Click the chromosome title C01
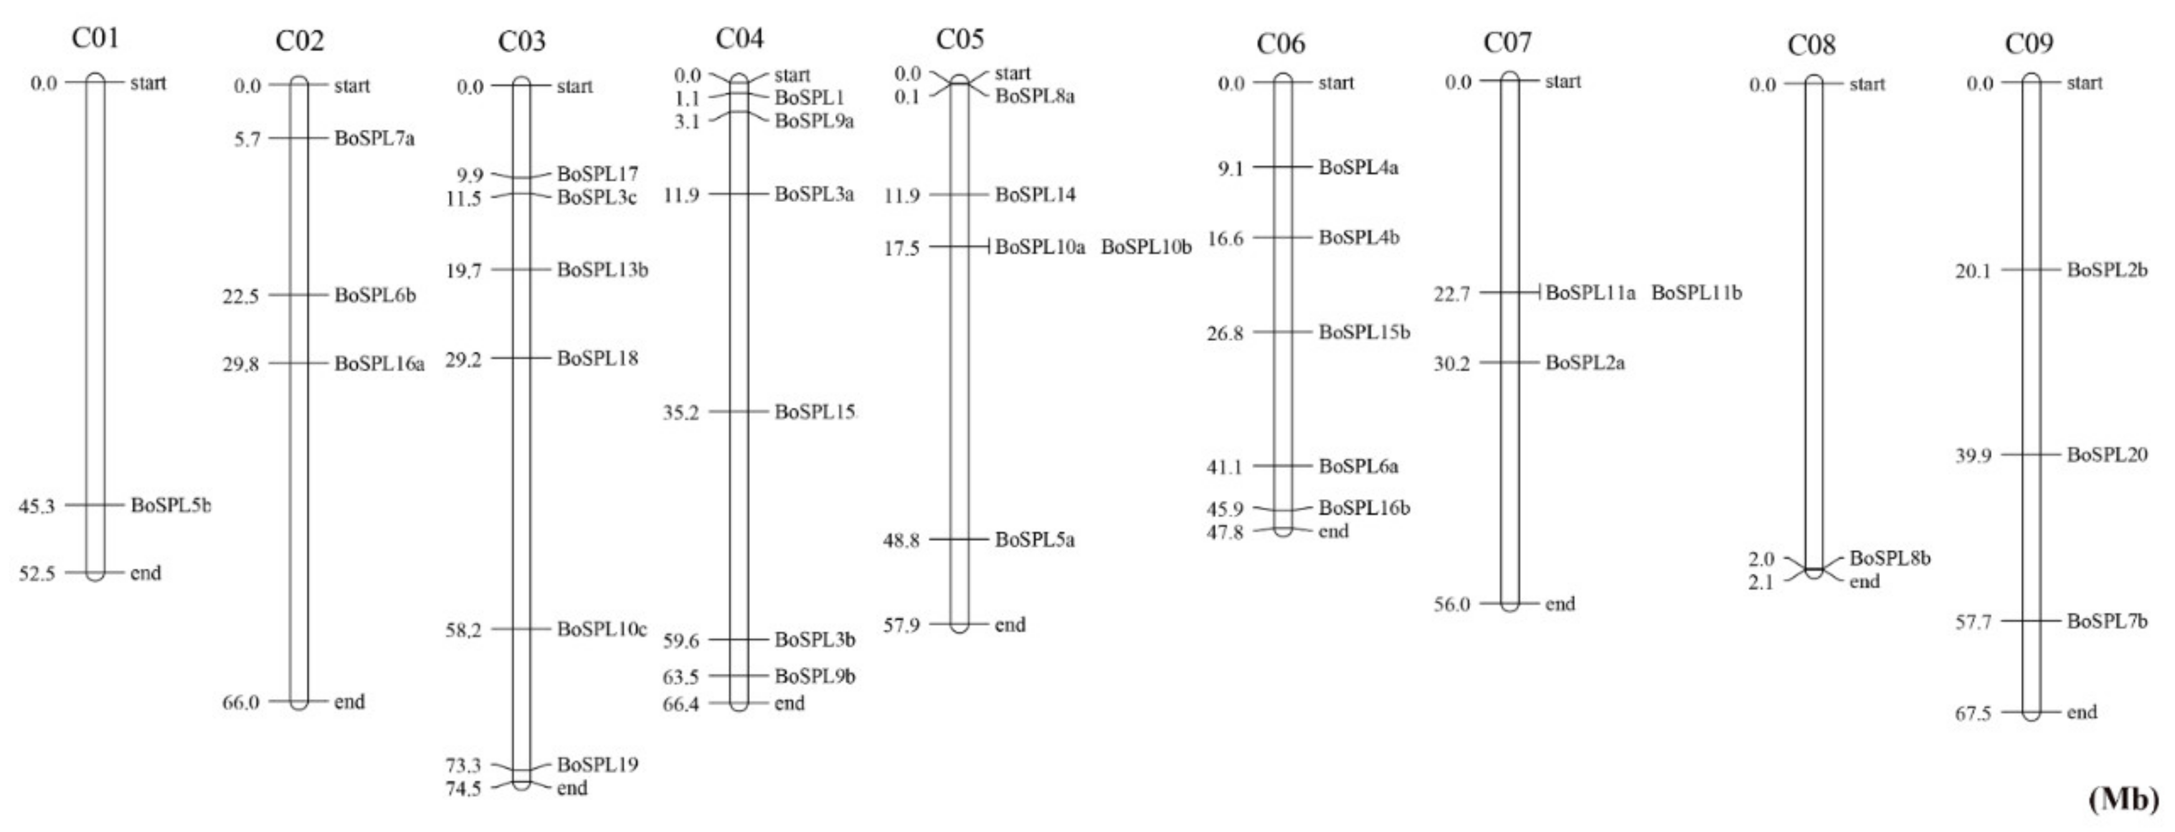[x=95, y=38]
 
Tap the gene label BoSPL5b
[x=171, y=505]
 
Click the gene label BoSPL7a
[x=375, y=138]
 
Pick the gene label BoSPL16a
[x=379, y=363]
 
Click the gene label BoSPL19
[x=597, y=765]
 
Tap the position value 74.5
[x=463, y=789]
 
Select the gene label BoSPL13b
[x=602, y=269]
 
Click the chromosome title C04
[x=739, y=38]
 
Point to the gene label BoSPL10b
[x=1146, y=247]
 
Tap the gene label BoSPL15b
[x=1363, y=332]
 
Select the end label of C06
[x=1333, y=532]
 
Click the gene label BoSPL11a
[x=1590, y=293]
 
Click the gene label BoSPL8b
[x=1890, y=558]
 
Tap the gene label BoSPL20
[x=2106, y=454]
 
